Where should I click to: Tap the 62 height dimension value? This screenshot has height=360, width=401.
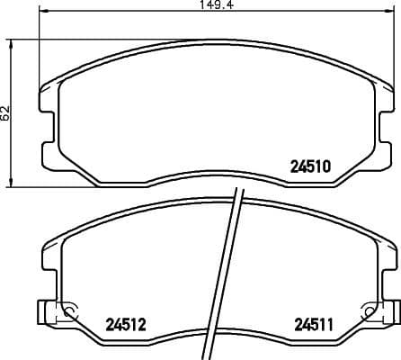[6, 112]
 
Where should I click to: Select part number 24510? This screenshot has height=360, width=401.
[311, 166]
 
